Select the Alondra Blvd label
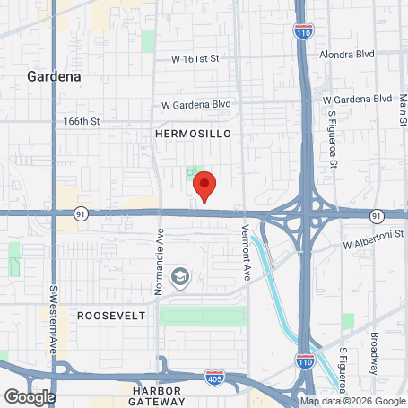coord(352,53)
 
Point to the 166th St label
coord(81,119)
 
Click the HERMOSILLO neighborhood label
coord(193,133)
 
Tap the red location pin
coord(205,187)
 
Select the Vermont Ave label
coord(244,247)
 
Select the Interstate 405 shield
coord(214,378)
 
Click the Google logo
coord(30,397)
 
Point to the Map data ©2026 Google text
coord(352,401)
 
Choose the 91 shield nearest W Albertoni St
coord(376,216)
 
